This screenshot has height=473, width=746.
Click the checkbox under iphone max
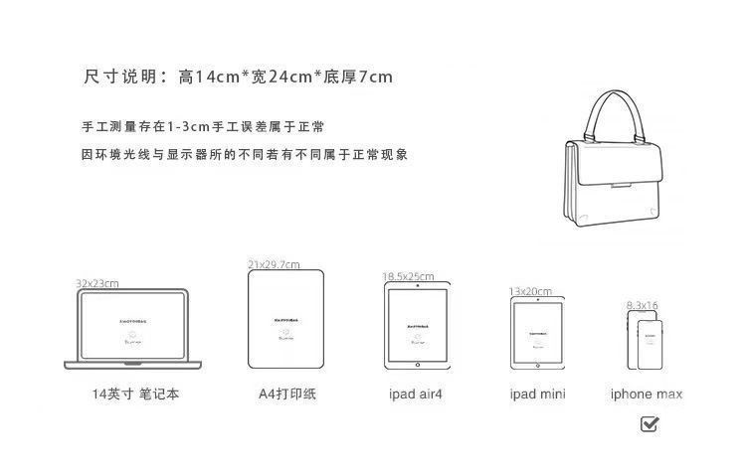649,424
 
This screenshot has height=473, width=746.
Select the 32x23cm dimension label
97,283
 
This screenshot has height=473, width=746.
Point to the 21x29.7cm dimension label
274,264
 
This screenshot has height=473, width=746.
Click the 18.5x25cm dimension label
408,275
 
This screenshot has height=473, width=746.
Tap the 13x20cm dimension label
530,291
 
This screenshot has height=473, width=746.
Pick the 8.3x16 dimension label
643,305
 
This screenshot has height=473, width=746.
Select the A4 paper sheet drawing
286,320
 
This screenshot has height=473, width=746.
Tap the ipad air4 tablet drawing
417,327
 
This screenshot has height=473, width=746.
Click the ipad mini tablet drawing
537,334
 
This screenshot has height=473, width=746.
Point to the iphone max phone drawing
645,340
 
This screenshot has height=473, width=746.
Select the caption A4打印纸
286,394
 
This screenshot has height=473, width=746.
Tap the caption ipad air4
416,394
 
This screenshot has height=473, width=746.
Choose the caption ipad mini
537,394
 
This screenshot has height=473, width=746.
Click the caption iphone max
647,394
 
